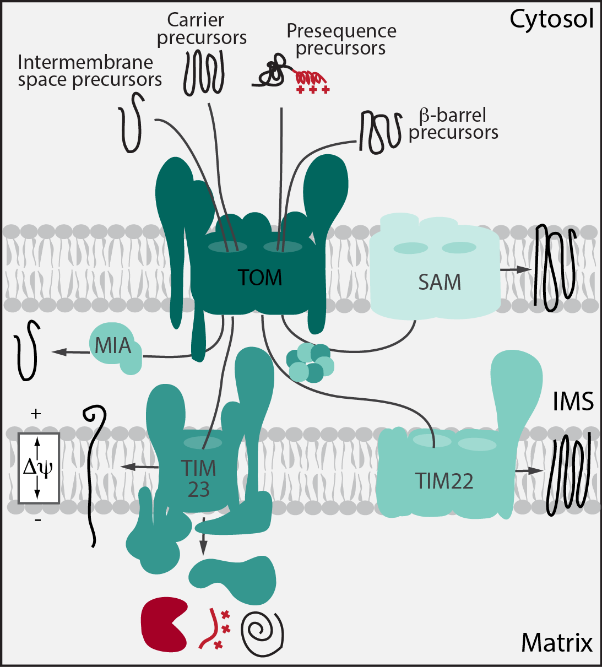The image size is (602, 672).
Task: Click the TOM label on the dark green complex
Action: [260, 278]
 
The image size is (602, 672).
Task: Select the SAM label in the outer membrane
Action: [439, 282]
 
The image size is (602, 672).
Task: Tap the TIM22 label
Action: [444, 481]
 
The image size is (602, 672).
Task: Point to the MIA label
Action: [113, 346]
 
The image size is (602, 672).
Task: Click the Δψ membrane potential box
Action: [39, 468]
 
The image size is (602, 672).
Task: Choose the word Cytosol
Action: [551, 19]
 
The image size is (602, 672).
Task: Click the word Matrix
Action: [557, 642]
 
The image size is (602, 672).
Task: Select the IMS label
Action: [573, 402]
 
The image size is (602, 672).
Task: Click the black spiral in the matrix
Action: [262, 630]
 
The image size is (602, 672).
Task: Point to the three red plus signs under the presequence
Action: [312, 90]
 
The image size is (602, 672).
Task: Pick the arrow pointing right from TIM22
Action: [529, 471]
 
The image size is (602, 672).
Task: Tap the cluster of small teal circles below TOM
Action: [310, 362]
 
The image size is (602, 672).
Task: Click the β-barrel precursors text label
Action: [453, 124]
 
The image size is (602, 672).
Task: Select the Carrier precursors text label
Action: [202, 29]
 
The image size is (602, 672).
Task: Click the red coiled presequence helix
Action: [308, 77]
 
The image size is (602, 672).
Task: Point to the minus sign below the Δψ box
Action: [37, 519]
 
